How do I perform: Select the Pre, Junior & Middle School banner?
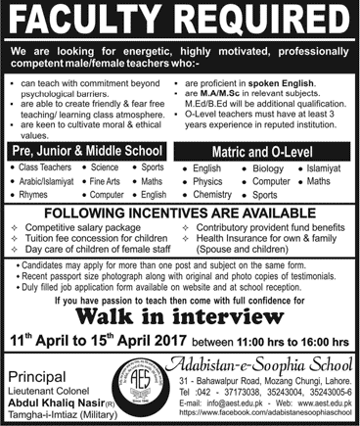tap(91, 153)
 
